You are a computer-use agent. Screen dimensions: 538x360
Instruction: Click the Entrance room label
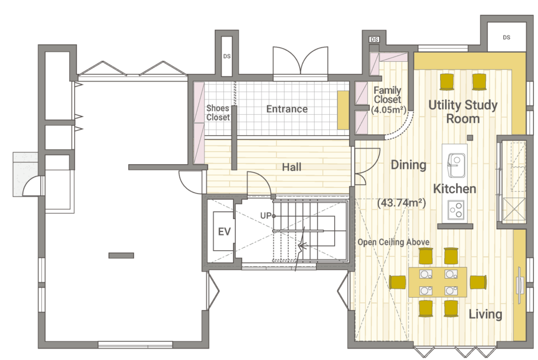[287, 109]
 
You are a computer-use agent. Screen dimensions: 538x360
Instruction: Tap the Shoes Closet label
[218, 112]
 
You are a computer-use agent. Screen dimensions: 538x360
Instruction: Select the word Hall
[292, 167]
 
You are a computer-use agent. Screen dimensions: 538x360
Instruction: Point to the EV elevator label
[224, 231]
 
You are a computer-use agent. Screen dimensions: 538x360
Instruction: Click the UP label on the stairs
[266, 216]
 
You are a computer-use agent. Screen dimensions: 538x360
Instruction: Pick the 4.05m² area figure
[388, 109]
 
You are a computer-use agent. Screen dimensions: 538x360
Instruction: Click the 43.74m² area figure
[401, 202]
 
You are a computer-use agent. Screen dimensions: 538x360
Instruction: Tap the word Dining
[409, 165]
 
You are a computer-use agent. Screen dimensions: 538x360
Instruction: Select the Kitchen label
[455, 188]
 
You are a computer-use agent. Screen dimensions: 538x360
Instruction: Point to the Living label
[485, 314]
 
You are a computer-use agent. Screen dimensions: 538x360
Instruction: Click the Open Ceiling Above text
[394, 242]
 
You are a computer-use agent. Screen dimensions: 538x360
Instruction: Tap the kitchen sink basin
[456, 165]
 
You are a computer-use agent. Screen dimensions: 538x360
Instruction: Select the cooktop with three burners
[456, 209]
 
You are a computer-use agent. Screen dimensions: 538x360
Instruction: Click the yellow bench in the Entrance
[343, 110]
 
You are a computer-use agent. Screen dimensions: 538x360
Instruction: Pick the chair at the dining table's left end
[398, 283]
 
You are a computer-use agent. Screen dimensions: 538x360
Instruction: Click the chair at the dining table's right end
[478, 282]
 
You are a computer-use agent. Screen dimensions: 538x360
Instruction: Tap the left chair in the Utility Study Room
[447, 82]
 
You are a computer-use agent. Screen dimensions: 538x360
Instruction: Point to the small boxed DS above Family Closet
[374, 39]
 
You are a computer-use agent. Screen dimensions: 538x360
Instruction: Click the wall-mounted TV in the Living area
[520, 285]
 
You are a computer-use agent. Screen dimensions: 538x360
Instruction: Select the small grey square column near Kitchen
[470, 138]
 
